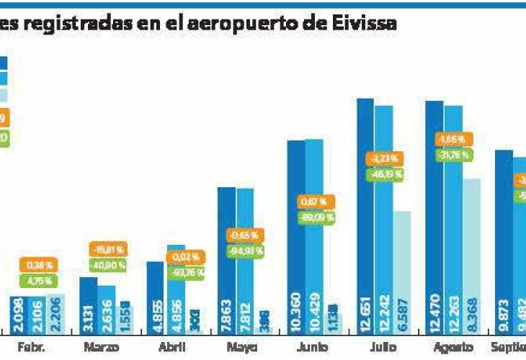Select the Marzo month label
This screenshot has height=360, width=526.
pos(101,347)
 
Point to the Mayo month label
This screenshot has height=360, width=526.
pos(242,347)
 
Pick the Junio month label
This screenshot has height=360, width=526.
pos(311,347)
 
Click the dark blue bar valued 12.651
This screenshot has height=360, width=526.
pos(365,216)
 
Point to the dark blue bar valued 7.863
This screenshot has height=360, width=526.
pos(226,260)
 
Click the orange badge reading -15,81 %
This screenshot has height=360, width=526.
pos(108,249)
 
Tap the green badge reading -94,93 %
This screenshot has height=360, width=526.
pos(246,251)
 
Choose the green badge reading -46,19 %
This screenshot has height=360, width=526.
pos(386,174)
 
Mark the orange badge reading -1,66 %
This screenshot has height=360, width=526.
pos(455,139)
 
